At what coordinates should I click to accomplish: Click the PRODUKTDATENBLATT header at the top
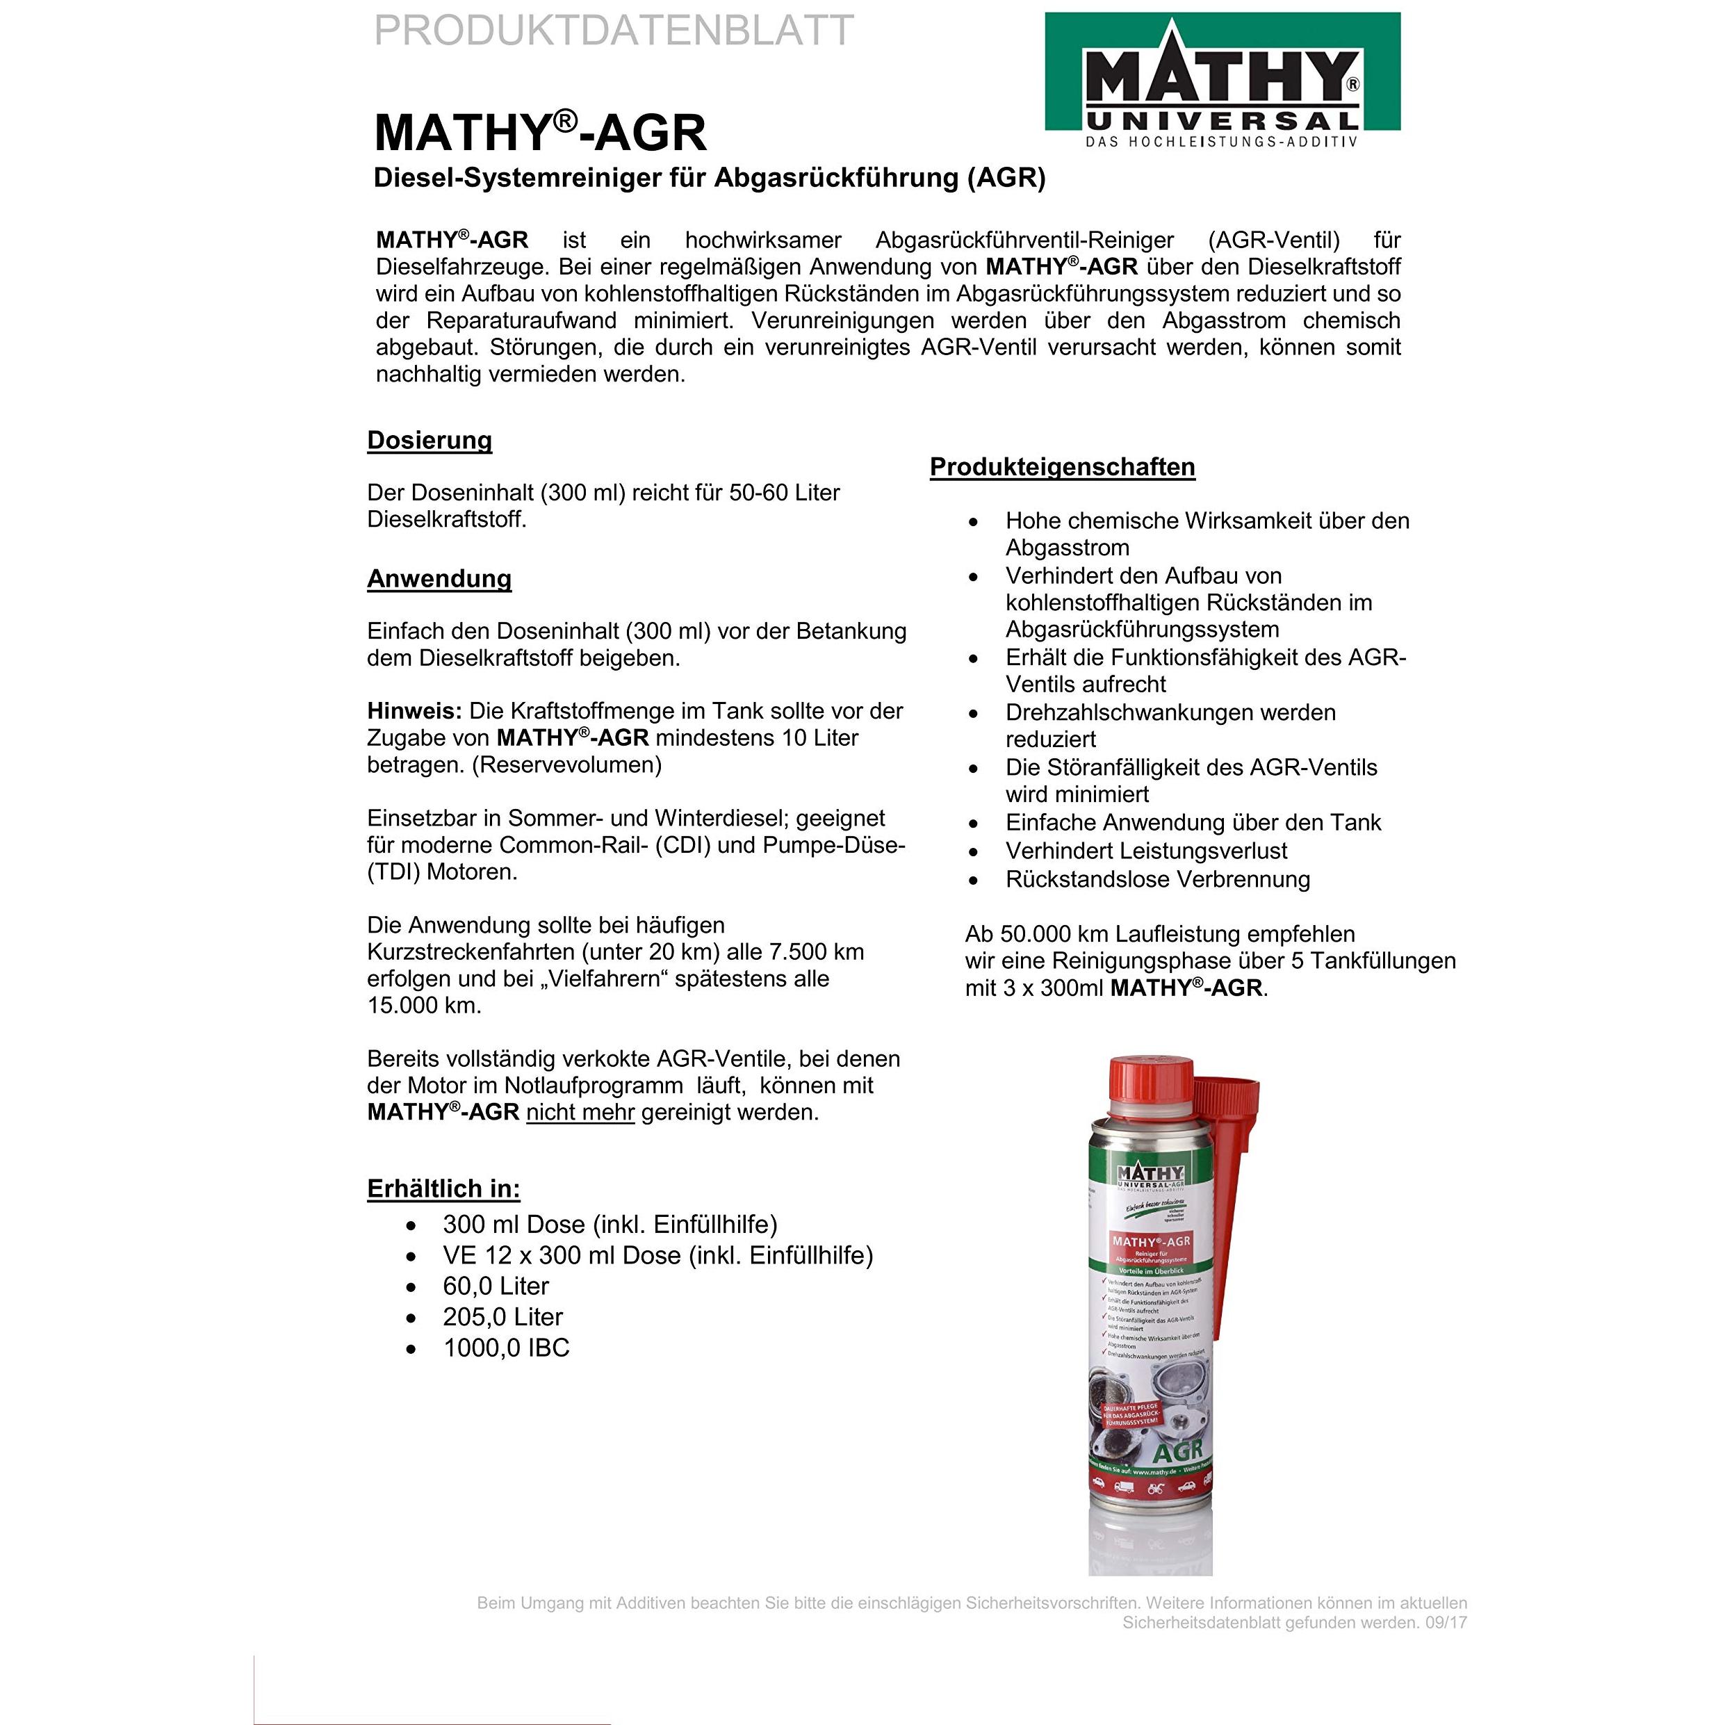point(614,31)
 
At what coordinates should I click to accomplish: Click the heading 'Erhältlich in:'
point(443,1188)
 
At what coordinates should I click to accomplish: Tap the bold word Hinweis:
point(414,711)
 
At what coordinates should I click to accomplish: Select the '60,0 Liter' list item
point(496,1286)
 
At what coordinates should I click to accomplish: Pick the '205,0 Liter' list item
point(502,1317)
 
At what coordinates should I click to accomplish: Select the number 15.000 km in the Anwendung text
point(424,1006)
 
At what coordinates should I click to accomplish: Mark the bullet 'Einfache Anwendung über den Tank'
point(1193,822)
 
